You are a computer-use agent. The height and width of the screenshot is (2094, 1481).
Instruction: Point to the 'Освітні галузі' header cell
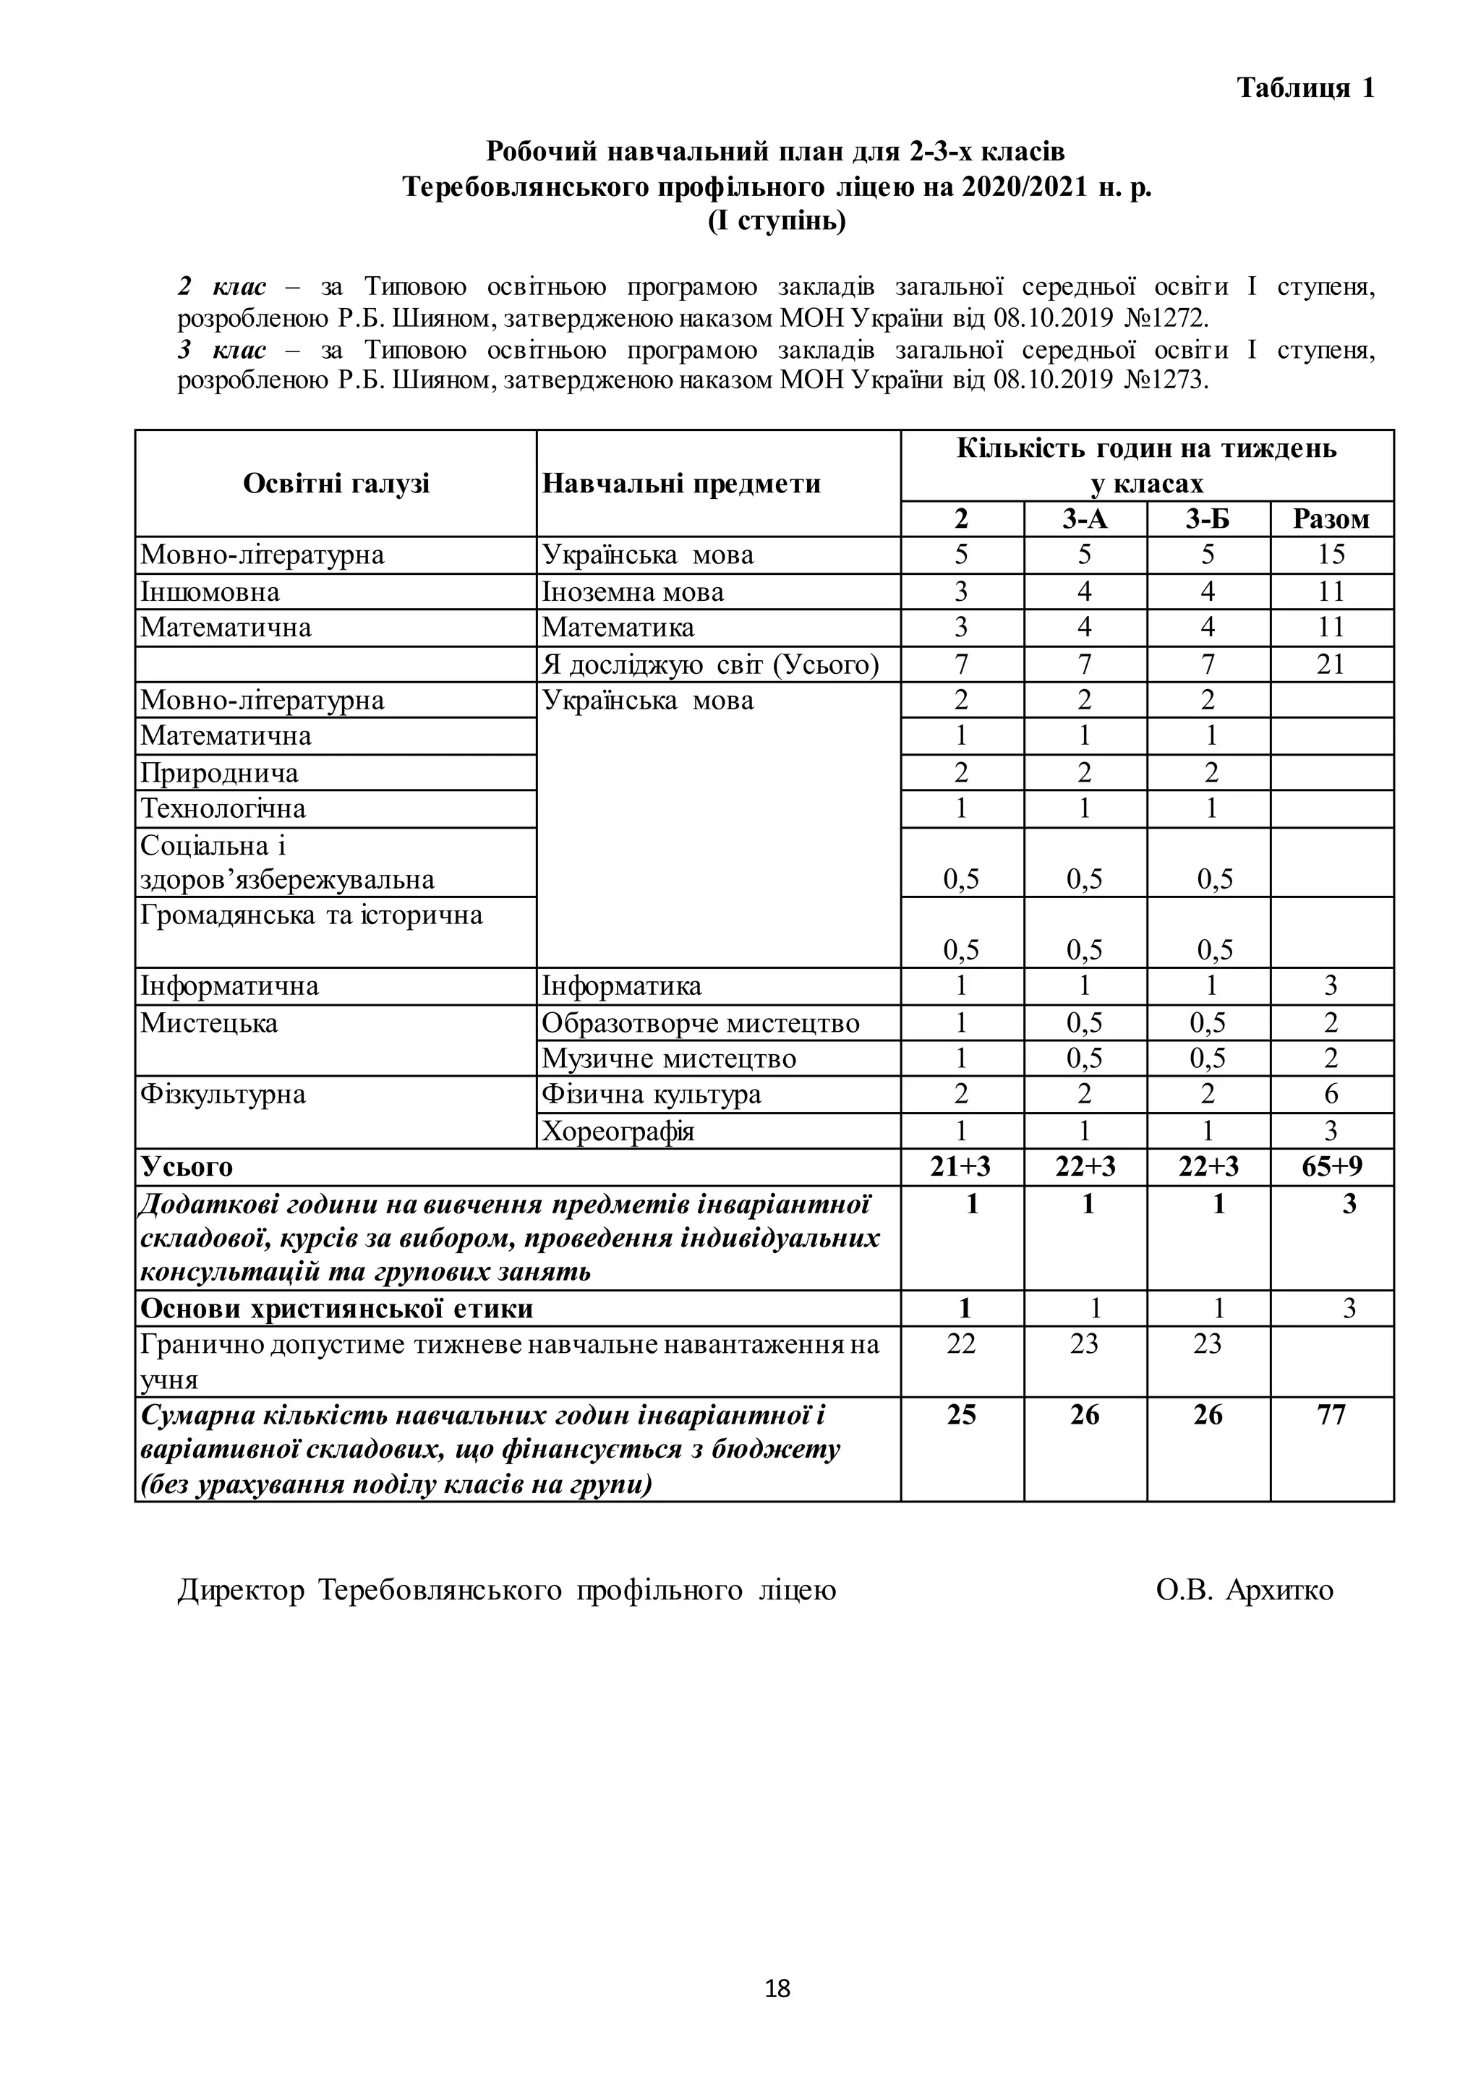[336, 484]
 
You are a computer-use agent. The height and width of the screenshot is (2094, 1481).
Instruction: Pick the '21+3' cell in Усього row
[961, 1166]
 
